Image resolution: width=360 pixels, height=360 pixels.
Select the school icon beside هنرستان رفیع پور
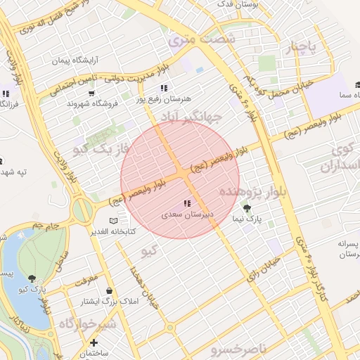[164, 88]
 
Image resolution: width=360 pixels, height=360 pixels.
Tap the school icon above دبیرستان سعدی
[186, 203]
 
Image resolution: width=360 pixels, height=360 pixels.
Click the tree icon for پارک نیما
[246, 208]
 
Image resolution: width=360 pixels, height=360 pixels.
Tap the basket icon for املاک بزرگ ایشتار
[109, 290]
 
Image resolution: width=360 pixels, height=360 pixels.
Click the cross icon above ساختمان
[94, 342]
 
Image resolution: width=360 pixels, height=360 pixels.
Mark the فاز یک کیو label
[104, 148]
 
